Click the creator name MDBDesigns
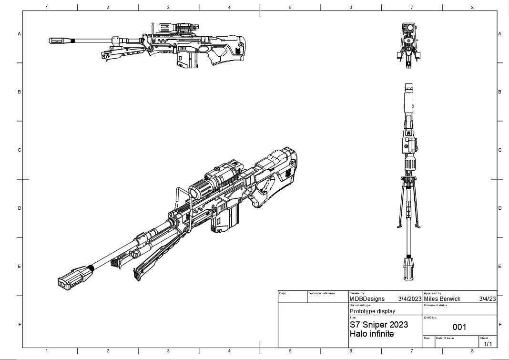coord(367,299)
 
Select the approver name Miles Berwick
coord(442,299)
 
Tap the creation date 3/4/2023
coord(410,299)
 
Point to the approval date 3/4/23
coord(487,299)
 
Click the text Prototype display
coord(372,311)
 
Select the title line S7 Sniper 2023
coord(378,325)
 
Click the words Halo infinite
coord(372,334)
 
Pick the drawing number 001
coord(459,327)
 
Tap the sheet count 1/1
coord(488,344)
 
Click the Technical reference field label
coord(322,293)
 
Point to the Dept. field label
coord(283,293)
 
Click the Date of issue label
coord(445,338)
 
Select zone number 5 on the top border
coord(290,7)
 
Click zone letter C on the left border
coord(20,150)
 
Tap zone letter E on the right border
coord(499,267)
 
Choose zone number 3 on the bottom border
coord(168,351)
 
